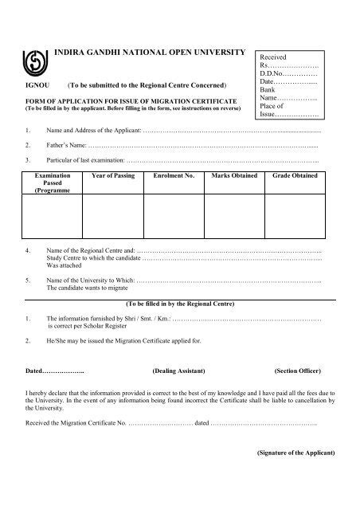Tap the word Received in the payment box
(x=275, y=60)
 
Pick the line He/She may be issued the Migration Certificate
(x=104, y=341)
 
